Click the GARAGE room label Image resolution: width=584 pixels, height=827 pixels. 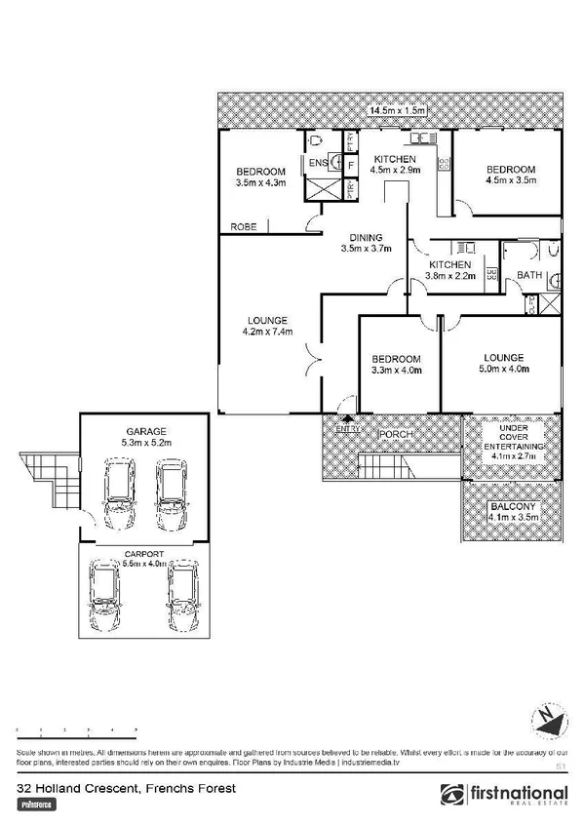pyautogui.click(x=144, y=430)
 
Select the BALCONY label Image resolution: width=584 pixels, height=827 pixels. pyautogui.click(x=513, y=507)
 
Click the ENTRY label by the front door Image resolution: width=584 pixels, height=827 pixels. pyautogui.click(x=346, y=429)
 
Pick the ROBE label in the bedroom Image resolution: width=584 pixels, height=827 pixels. pyautogui.click(x=244, y=227)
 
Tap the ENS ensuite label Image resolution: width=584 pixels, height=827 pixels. pyautogui.click(x=319, y=163)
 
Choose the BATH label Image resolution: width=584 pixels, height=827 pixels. pyautogui.click(x=529, y=276)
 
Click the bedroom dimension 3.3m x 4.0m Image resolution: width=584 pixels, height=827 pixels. pyautogui.click(x=396, y=370)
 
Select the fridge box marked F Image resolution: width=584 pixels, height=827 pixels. pyautogui.click(x=349, y=164)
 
